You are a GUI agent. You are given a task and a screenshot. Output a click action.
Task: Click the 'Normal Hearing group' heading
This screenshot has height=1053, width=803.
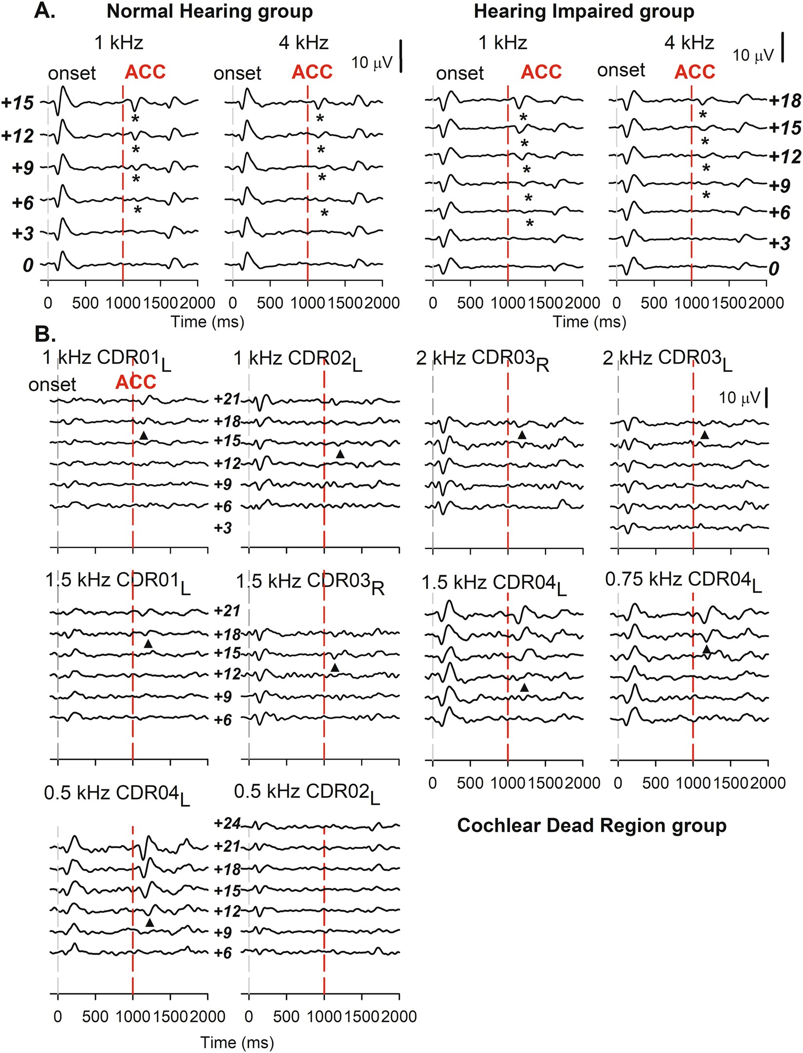[x=210, y=11]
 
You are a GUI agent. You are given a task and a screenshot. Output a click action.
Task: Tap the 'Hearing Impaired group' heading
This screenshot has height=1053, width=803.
[x=584, y=11]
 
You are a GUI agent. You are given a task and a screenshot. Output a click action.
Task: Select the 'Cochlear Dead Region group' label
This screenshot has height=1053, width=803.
[x=591, y=825]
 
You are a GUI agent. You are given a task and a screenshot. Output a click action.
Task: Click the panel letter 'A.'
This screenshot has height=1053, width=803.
[x=45, y=11]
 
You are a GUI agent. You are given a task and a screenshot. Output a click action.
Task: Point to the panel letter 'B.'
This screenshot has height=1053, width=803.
[x=45, y=334]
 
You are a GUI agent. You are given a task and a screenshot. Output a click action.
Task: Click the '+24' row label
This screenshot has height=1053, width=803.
[x=227, y=823]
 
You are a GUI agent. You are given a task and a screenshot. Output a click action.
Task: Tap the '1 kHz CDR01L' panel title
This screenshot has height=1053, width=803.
[x=107, y=359]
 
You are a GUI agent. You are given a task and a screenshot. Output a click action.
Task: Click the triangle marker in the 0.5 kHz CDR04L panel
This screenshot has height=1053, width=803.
[x=149, y=923]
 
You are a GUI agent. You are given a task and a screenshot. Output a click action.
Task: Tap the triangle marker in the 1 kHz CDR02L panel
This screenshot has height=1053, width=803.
[x=340, y=454]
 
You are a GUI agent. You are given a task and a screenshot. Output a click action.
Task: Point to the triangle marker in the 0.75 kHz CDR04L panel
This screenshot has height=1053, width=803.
[x=706, y=650]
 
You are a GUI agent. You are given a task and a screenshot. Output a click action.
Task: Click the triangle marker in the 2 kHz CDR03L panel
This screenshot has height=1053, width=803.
[x=704, y=435]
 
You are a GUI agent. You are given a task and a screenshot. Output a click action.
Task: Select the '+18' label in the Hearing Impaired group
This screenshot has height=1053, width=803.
[x=785, y=101]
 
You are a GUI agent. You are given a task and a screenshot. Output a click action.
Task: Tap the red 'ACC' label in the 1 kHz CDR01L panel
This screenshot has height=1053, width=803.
[x=136, y=382]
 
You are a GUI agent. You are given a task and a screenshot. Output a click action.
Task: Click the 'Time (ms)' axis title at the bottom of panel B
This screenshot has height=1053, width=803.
[x=237, y=1042]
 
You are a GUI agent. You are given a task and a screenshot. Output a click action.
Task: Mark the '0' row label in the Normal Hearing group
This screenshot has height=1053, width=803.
[x=28, y=265]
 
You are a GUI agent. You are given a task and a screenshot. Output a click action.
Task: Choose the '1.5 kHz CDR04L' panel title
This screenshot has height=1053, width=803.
[x=494, y=583]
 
